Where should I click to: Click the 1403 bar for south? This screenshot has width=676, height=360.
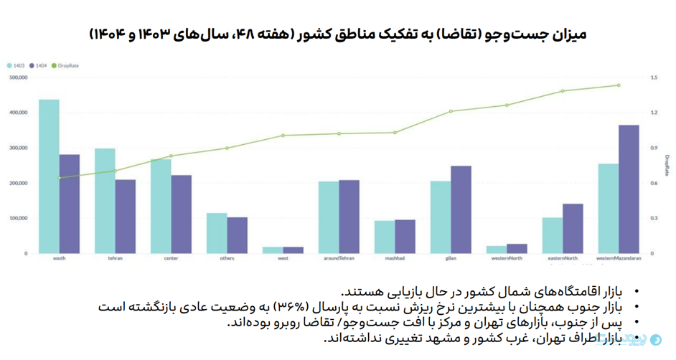[x=49, y=176]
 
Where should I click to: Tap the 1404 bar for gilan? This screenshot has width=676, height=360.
[x=461, y=209]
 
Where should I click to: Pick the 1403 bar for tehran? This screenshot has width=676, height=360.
[x=105, y=201]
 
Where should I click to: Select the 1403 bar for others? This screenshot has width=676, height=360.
[x=217, y=233]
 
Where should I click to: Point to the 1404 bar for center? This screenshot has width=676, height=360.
[x=182, y=214]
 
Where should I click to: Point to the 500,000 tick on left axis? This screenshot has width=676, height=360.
[x=19, y=77]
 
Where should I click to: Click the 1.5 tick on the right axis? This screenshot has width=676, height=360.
[x=653, y=77]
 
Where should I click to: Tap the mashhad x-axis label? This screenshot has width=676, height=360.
[x=395, y=258]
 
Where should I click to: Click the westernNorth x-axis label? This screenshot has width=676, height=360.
[x=507, y=258]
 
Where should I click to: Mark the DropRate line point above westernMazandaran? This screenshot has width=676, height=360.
[x=619, y=85]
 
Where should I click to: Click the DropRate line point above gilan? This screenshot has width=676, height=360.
[x=451, y=111]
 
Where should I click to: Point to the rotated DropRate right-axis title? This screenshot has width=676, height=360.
[x=667, y=166]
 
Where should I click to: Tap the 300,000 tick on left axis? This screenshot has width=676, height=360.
[x=19, y=148]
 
